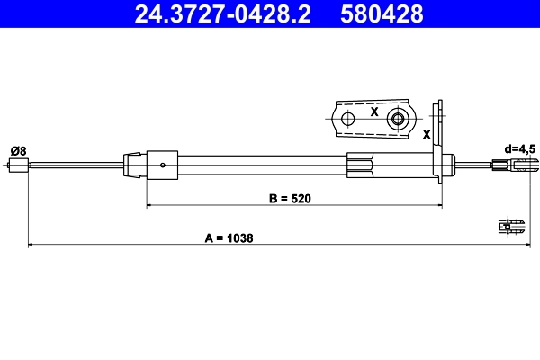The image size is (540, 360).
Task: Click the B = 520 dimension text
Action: [x=291, y=199]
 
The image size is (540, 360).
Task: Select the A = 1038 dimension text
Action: [x=229, y=238]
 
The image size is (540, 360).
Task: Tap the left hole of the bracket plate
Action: [x=347, y=119]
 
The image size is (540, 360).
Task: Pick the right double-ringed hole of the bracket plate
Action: [x=397, y=119]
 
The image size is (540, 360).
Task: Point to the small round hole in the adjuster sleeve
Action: [x=161, y=165]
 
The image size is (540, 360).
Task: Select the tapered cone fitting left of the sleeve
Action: [x=133, y=164]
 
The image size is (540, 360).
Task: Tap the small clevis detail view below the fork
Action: [x=513, y=227]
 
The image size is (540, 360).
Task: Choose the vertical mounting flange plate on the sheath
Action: [x=440, y=144]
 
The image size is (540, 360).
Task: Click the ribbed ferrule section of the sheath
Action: [x=360, y=165]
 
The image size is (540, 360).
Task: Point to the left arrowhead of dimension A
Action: [x=31, y=244]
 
